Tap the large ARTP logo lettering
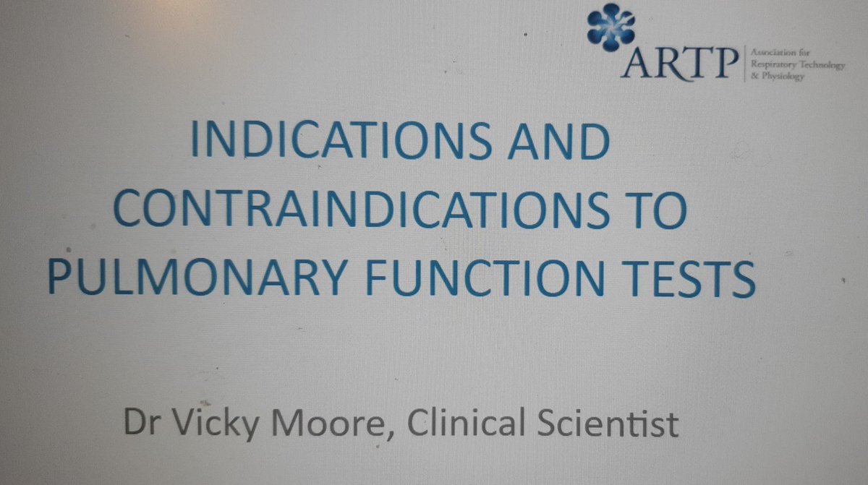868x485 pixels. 678,64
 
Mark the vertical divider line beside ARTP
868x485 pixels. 743,64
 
